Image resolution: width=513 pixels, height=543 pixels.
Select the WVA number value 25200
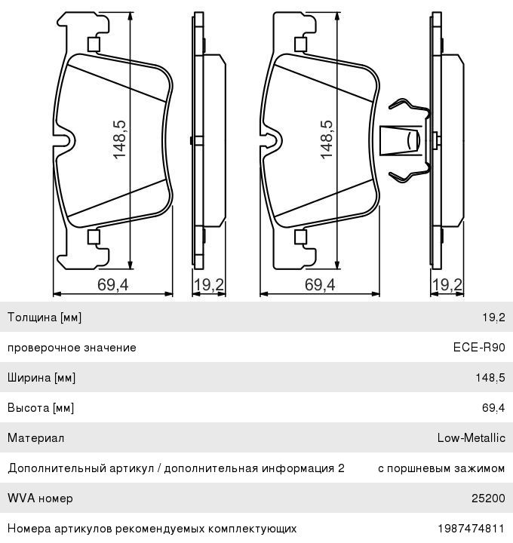tap(489, 499)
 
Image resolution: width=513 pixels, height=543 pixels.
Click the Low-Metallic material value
tap(471, 438)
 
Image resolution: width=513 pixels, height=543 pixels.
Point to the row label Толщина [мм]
tap(45, 318)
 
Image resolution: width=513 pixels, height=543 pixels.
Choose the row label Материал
tap(35, 438)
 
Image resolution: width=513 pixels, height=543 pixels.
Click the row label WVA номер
tap(40, 499)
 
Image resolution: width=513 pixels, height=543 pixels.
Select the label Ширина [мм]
tap(41, 378)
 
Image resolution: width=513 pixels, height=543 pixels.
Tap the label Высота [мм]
tap(41, 408)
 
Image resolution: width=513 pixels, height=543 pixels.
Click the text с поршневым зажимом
tap(441, 468)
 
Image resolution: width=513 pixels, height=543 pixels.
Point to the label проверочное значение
tap(72, 348)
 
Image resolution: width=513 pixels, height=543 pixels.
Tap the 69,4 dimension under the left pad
tap(113, 284)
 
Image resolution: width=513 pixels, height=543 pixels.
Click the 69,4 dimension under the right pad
tap(320, 284)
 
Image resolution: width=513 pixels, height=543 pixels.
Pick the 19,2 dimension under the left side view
tap(209, 284)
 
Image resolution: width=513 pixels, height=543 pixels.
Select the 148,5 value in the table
tap(490, 378)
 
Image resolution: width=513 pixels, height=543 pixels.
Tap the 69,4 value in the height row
tap(493, 408)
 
